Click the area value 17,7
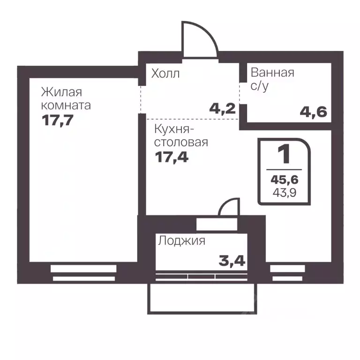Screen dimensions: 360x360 (58, 120)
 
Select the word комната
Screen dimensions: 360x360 (66, 105)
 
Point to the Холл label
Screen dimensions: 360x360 (165, 74)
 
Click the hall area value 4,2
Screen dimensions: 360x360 (221, 111)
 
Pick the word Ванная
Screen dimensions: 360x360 (272, 73)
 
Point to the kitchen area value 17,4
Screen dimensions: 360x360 (172, 157)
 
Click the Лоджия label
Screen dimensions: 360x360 (182, 241)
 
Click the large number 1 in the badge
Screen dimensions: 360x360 (284, 154)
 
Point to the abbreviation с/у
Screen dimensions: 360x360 (260, 86)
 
